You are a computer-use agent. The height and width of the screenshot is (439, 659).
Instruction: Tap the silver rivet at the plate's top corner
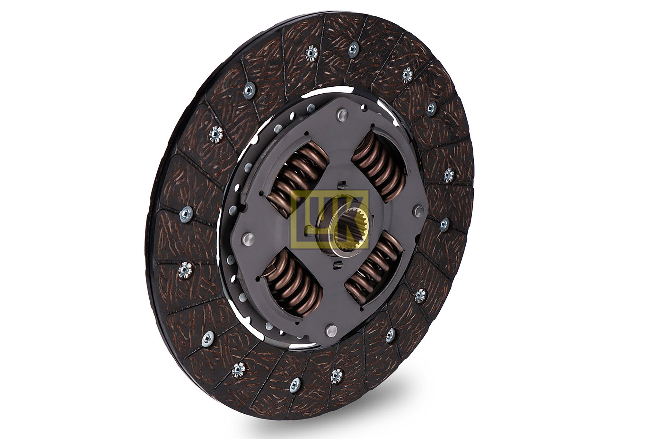click(343, 115)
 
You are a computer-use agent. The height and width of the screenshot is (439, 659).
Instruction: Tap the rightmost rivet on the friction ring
click(448, 175)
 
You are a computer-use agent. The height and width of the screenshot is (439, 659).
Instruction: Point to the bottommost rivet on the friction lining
click(295, 384)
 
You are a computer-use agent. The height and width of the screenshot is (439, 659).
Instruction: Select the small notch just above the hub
click(342, 184)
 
